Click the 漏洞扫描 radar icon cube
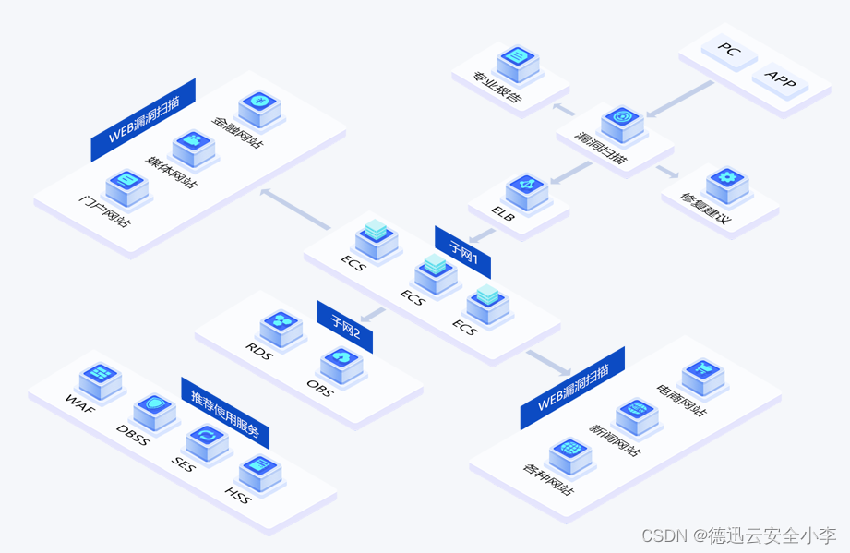coord(621,124)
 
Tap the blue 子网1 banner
coord(462,251)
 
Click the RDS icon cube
coord(281,327)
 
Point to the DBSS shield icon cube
coord(154,412)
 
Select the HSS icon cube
coord(259,473)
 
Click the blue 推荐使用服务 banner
coord(225,413)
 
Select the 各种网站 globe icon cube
coord(569,455)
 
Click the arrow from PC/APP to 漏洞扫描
coord(679,99)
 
